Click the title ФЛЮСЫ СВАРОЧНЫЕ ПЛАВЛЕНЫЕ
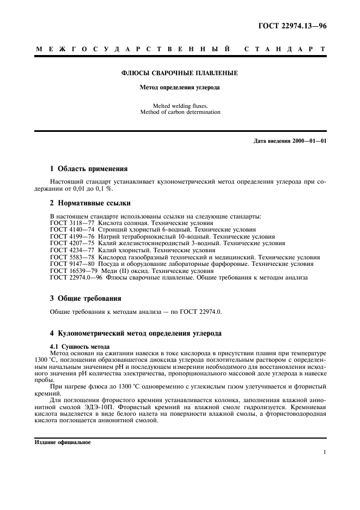point(179,72)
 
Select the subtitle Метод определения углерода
point(179,87)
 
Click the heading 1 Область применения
point(89,168)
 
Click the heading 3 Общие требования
point(86,298)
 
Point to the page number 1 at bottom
point(324,452)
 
